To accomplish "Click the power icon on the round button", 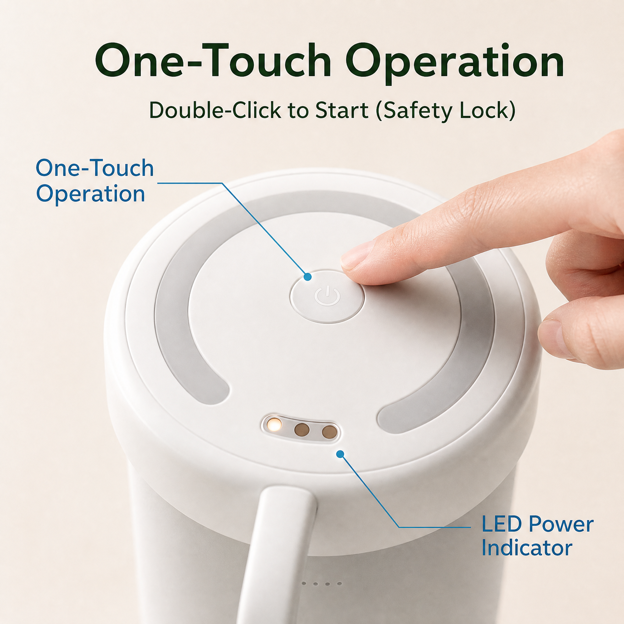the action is click(x=327, y=296).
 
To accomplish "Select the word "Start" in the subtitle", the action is click(x=342, y=111).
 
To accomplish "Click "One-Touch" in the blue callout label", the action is click(x=95, y=168).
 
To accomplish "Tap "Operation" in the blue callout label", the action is click(x=90, y=194).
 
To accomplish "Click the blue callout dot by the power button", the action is click(x=307, y=277).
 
